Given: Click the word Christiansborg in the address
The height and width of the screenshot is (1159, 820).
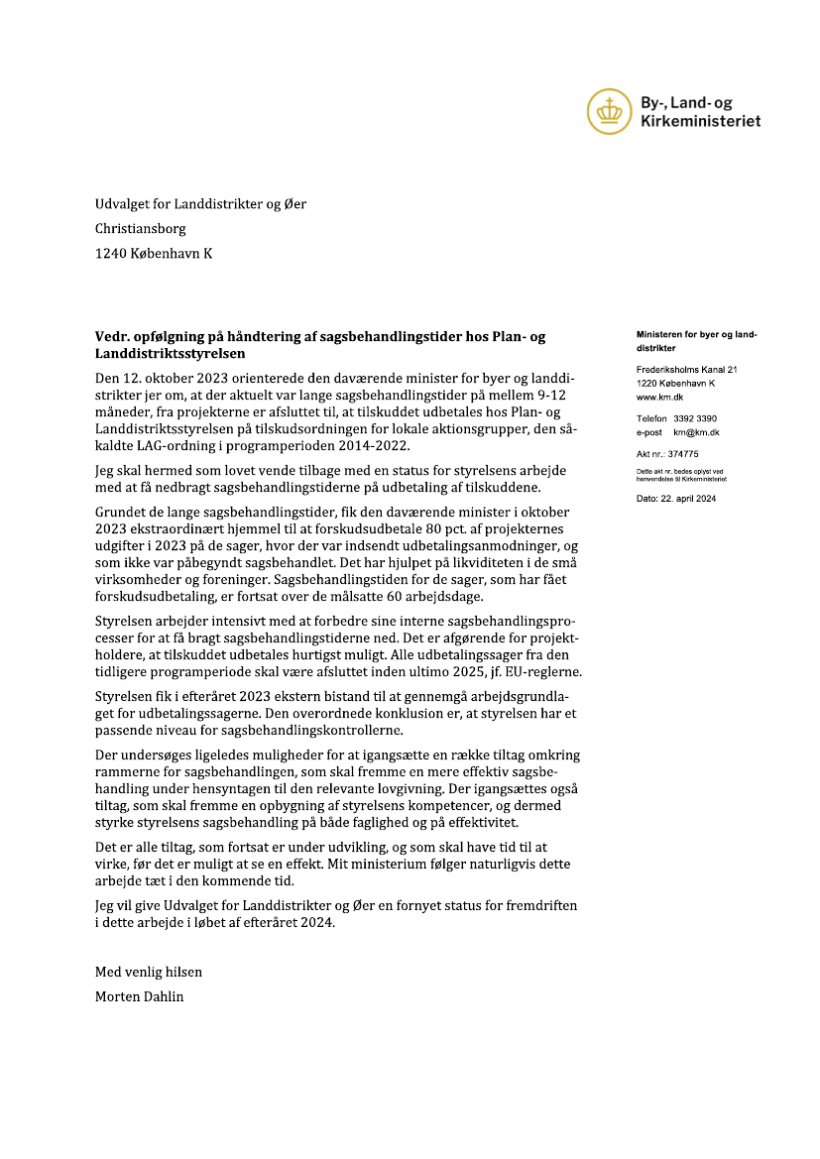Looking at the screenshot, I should (x=140, y=228).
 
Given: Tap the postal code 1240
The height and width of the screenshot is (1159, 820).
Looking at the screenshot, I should (x=110, y=253).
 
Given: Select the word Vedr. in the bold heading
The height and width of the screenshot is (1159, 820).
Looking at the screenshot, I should (x=112, y=337).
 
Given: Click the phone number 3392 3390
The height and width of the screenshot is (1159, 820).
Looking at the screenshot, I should (x=694, y=418).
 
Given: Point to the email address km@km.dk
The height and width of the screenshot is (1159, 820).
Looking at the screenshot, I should (x=696, y=432).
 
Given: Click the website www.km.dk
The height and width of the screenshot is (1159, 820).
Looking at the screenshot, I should (x=659, y=396).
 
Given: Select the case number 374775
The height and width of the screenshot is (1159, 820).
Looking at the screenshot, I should (x=683, y=453).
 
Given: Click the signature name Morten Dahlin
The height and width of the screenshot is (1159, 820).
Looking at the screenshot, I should (x=139, y=996).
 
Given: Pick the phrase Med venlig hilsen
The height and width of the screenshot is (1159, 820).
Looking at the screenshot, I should (x=148, y=972).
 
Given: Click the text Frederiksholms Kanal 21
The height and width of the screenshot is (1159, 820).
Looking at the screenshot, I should (x=686, y=370).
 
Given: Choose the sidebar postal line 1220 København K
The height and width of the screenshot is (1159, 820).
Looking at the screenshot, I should (x=675, y=383).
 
